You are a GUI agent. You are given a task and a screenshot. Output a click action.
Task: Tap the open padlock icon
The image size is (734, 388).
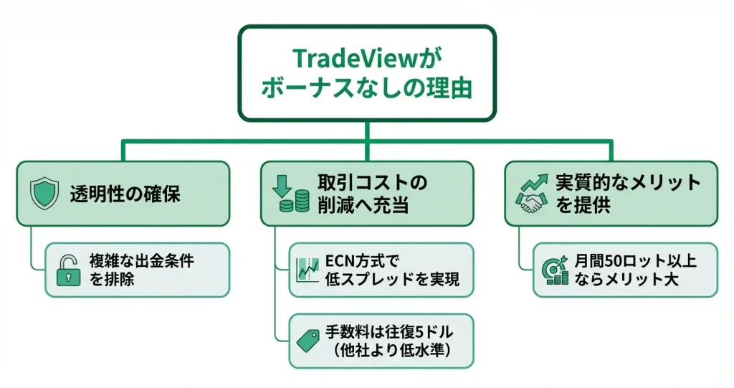pos(69,270)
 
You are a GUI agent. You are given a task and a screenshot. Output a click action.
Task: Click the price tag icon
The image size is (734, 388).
pos(307,341)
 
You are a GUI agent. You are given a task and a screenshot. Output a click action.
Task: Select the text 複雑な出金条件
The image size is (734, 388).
pos(142,261)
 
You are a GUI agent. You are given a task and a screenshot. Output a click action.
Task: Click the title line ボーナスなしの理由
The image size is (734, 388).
pos(366,89)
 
